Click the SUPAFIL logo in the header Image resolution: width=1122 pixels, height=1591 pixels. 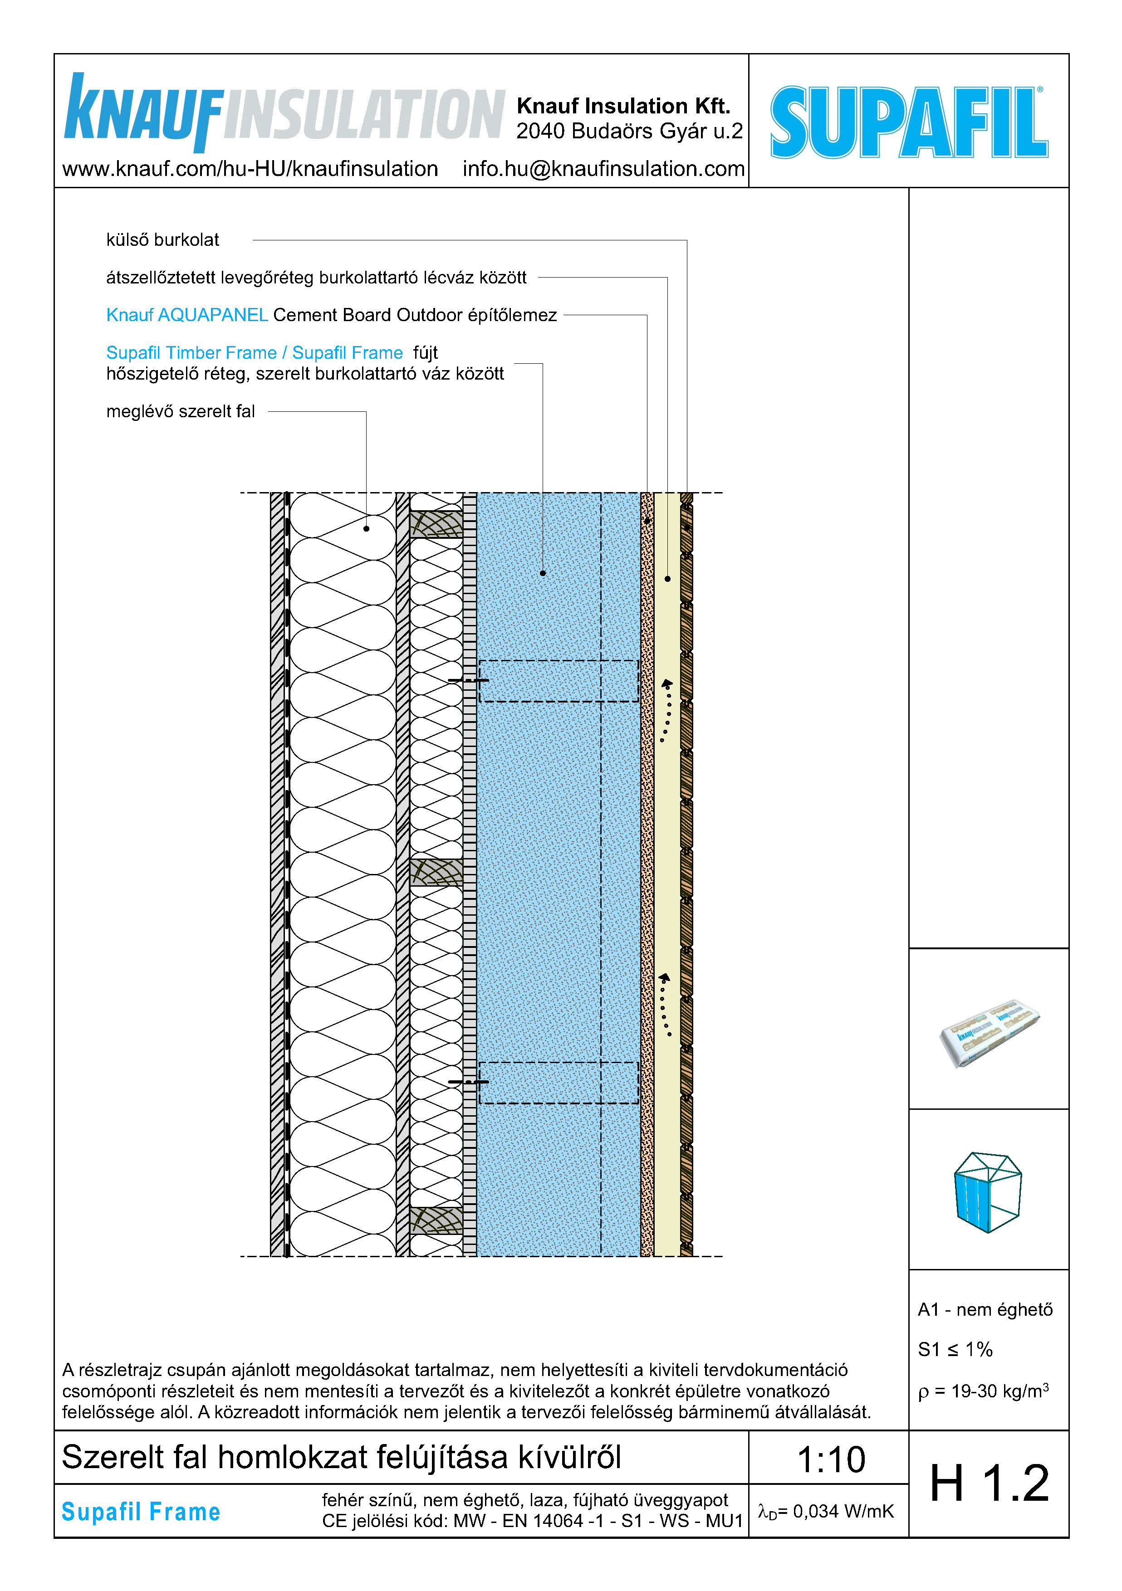[909, 122]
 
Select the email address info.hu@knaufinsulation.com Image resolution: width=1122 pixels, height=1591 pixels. [603, 169]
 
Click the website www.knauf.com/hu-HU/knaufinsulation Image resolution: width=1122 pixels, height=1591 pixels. [250, 169]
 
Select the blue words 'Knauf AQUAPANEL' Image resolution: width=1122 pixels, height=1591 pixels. [187, 315]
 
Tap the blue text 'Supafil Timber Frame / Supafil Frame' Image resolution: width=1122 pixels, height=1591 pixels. [255, 353]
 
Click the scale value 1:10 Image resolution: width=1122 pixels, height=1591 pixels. [831, 1460]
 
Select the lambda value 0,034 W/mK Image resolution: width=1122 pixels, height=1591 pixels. [826, 1511]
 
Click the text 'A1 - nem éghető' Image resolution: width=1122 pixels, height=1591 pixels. [985, 1310]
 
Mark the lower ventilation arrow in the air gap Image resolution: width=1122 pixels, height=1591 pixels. [666, 1004]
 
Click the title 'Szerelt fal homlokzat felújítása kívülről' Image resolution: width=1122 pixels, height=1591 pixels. [341, 1457]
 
